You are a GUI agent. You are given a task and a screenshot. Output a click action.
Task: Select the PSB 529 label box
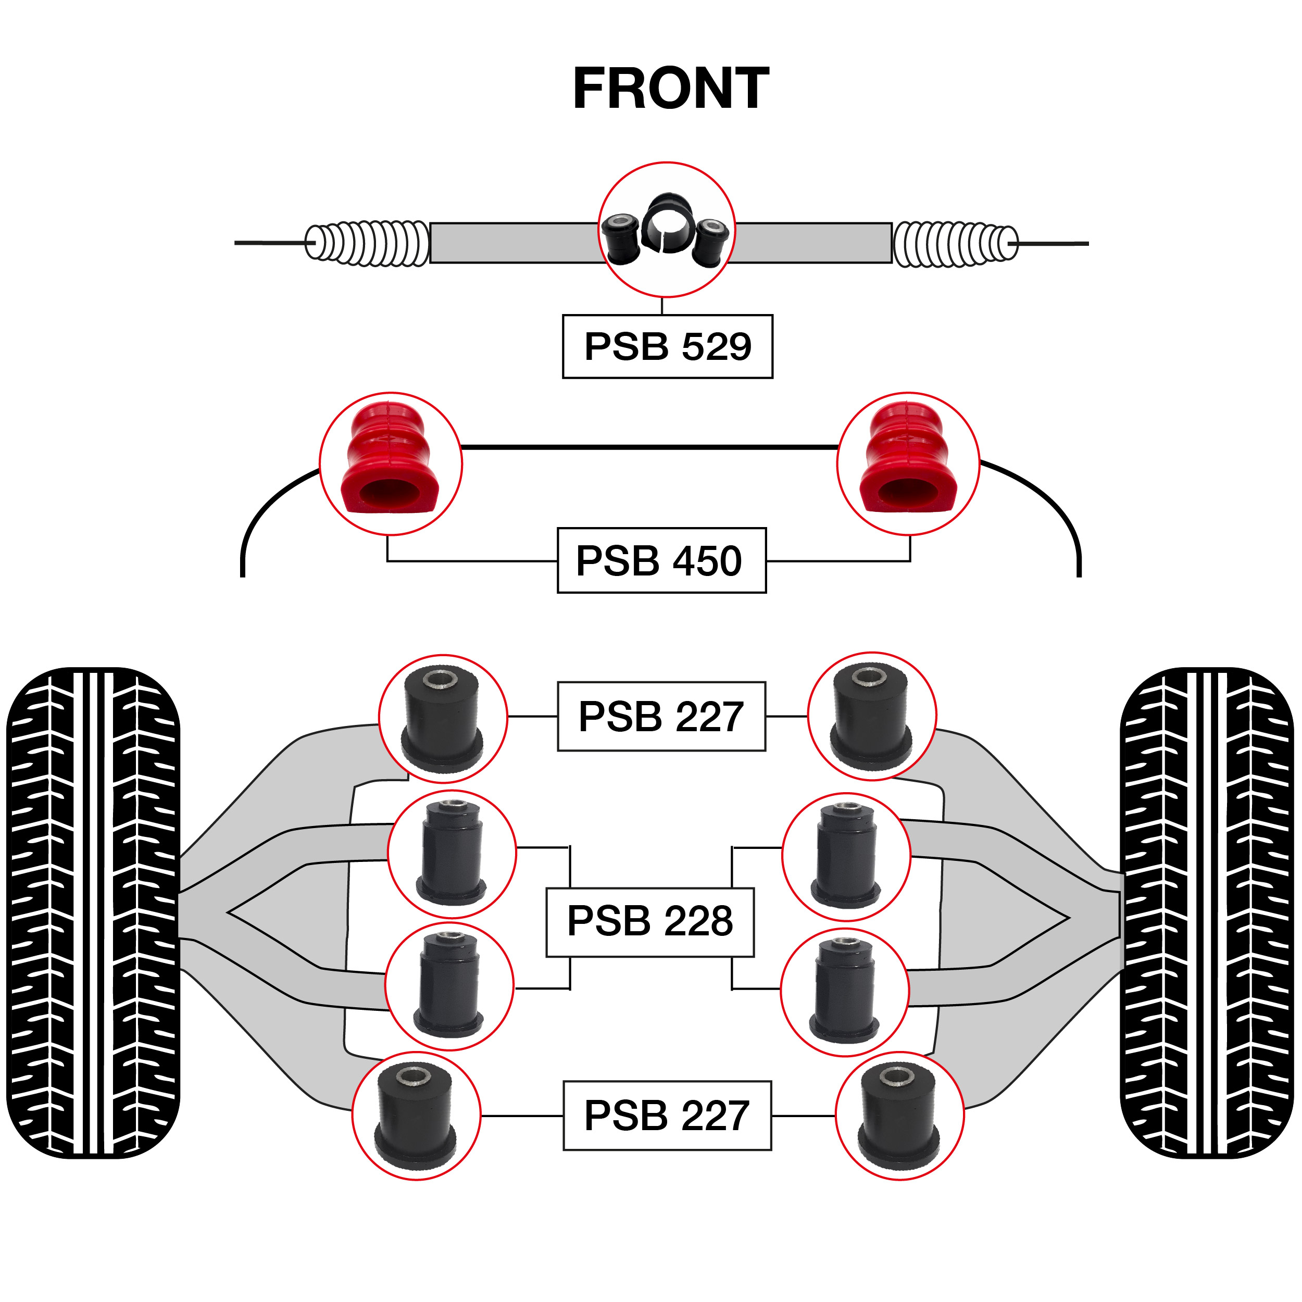click(667, 346)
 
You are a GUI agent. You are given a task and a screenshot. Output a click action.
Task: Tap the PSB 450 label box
click(661, 561)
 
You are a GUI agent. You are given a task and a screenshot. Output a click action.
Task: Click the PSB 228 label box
click(649, 921)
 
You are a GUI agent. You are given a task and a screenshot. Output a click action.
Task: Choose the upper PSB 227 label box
click(661, 717)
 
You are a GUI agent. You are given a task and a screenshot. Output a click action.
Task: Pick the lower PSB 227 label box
click(667, 1116)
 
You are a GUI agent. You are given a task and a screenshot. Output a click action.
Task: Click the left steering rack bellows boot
click(367, 243)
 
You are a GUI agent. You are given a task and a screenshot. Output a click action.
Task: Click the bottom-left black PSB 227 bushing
click(416, 1116)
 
